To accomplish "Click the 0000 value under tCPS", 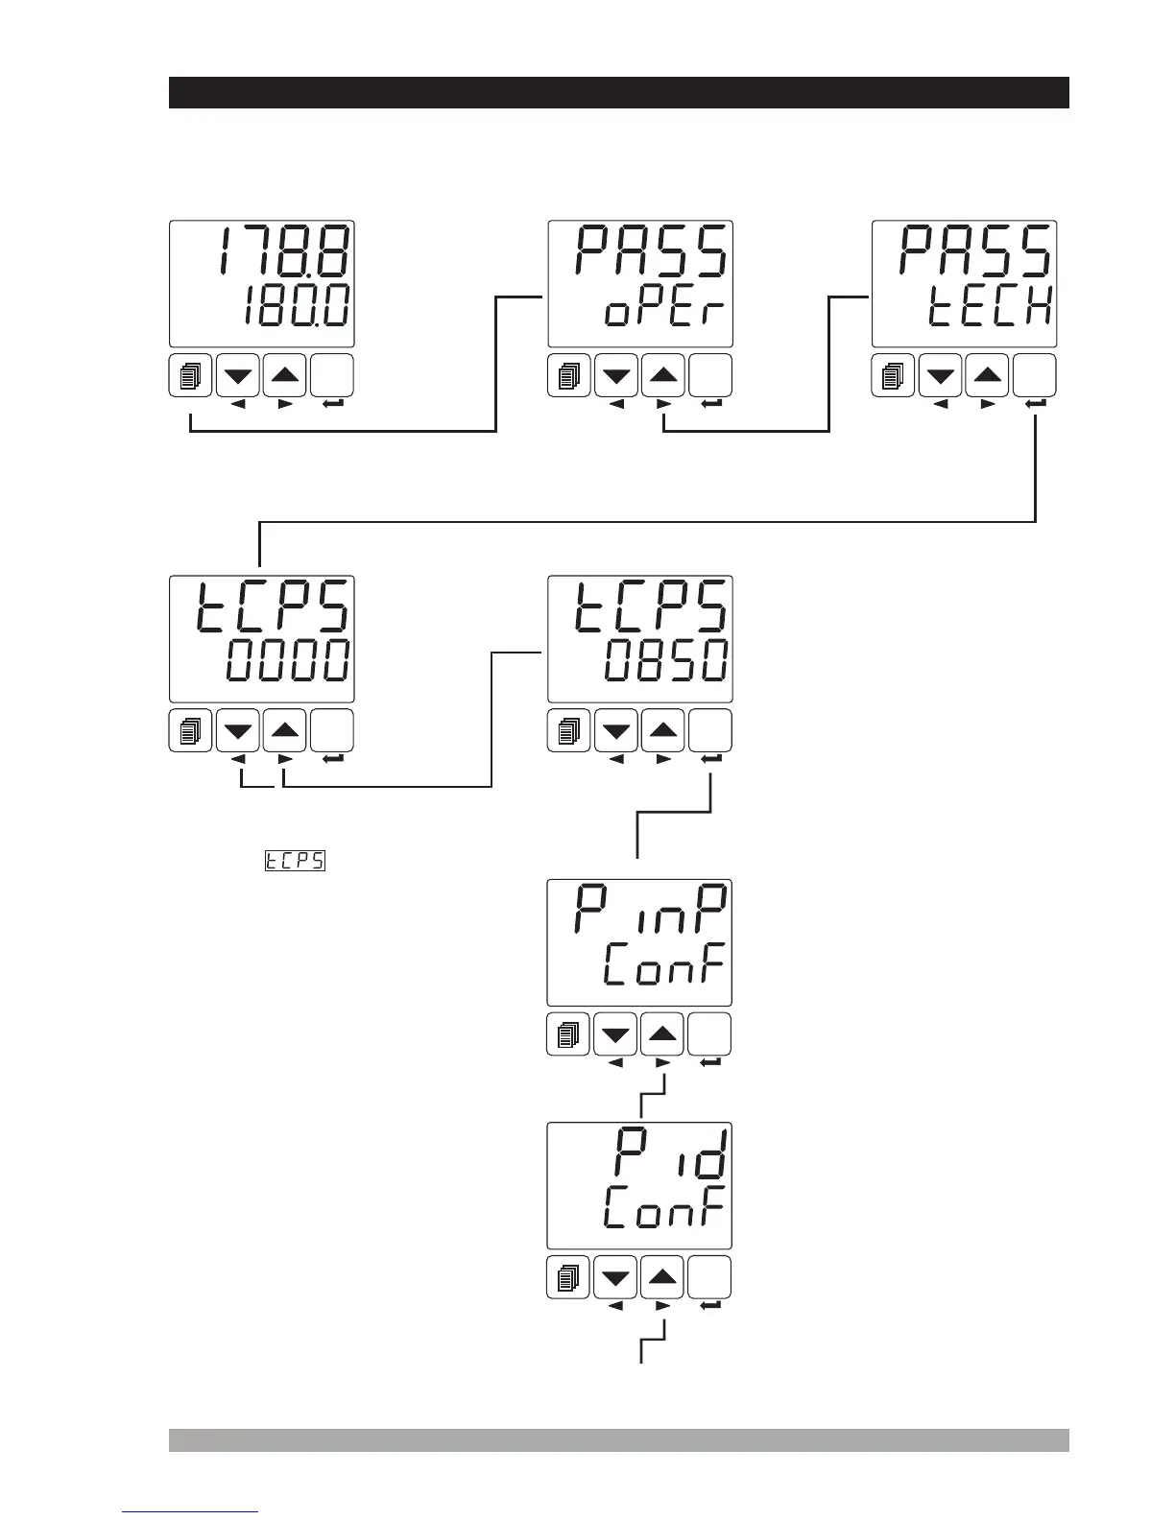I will (x=288, y=662).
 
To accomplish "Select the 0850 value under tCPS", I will (x=665, y=662).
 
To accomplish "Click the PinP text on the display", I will (x=651, y=909).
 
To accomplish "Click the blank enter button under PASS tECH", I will (x=1035, y=375).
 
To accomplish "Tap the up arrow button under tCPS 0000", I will (x=284, y=731).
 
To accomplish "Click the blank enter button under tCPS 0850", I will (x=711, y=731).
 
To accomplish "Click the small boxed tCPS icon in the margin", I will (x=295, y=861).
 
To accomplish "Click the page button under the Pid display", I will (x=569, y=1277).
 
